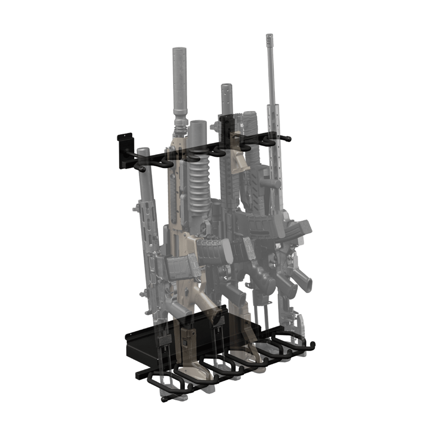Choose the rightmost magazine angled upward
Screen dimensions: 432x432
(302, 228)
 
